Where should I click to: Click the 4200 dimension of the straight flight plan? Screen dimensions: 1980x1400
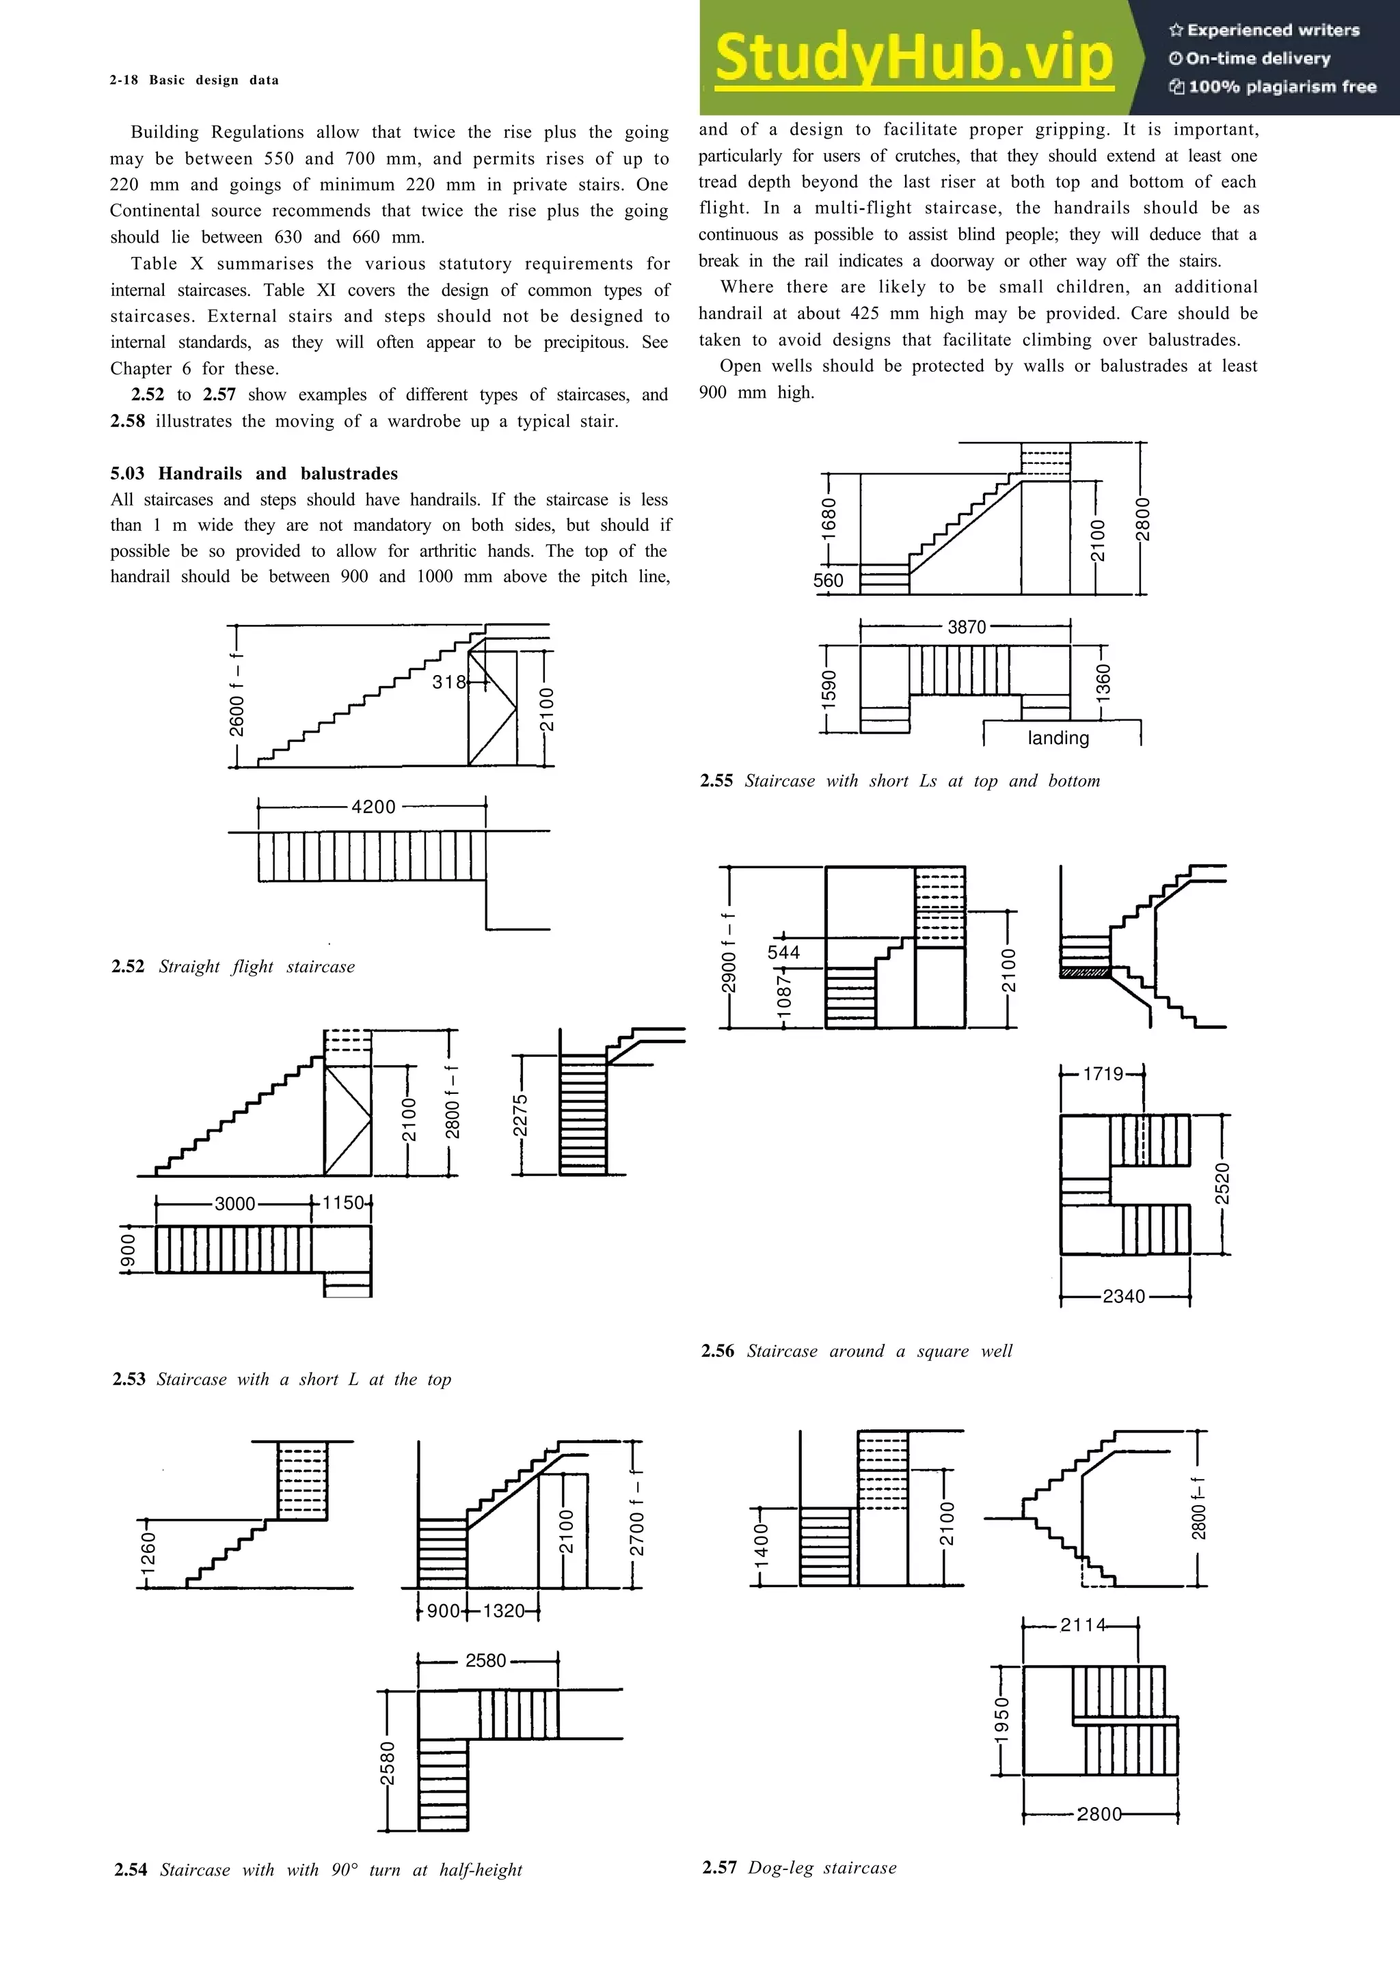(373, 807)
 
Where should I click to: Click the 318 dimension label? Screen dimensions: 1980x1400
(448, 682)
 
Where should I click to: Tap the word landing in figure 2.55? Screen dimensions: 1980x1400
(1058, 738)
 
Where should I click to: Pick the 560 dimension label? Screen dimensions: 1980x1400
(828, 580)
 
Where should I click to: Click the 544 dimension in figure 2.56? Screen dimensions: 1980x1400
(783, 952)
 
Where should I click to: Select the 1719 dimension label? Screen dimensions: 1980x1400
(1103, 1073)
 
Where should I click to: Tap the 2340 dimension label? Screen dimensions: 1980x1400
(1123, 1296)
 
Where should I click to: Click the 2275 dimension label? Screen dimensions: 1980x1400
(520, 1116)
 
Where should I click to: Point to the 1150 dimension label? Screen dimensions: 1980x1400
(343, 1203)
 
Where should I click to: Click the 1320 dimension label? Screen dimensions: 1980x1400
(504, 1611)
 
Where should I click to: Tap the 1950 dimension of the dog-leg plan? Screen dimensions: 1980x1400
(1001, 1720)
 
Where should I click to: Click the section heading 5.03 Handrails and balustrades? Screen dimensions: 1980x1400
(254, 473)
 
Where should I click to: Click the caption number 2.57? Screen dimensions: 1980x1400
(718, 1868)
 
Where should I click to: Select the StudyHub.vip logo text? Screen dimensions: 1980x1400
(913, 58)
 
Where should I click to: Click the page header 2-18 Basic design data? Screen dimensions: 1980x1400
(194, 80)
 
